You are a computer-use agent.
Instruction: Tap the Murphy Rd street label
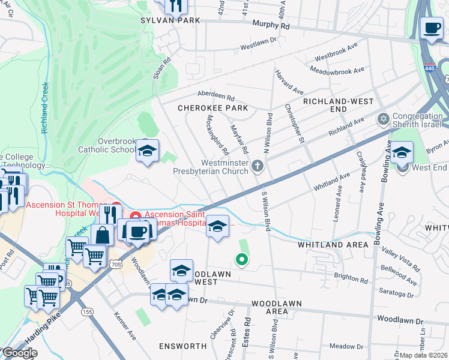pos(271,26)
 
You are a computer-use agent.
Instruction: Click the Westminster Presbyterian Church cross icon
pos(258,166)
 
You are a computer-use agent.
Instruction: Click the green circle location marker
pos(242,259)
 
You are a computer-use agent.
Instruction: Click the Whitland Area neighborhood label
pos(333,245)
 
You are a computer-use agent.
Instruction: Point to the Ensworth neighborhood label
pos(182,346)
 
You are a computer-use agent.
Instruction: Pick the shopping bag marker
pos(103,235)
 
